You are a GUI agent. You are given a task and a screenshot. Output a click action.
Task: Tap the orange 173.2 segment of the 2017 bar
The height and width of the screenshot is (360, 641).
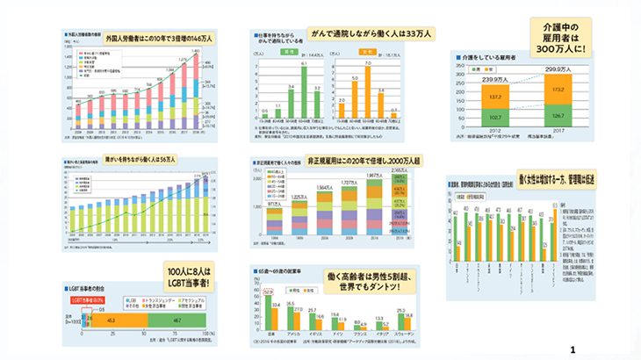click(x=558, y=90)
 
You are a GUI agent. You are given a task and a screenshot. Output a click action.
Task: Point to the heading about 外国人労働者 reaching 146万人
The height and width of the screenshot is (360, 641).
click(x=159, y=39)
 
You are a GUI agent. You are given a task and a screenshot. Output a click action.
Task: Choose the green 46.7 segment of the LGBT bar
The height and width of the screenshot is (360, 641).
click(x=176, y=322)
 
